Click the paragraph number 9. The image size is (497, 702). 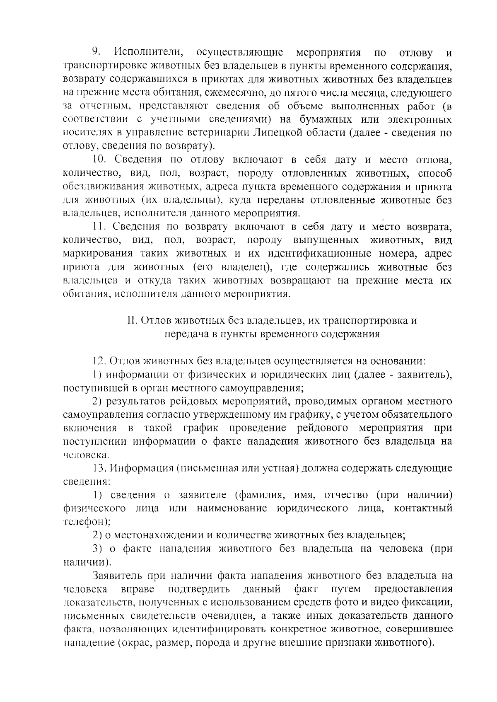[96, 53]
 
